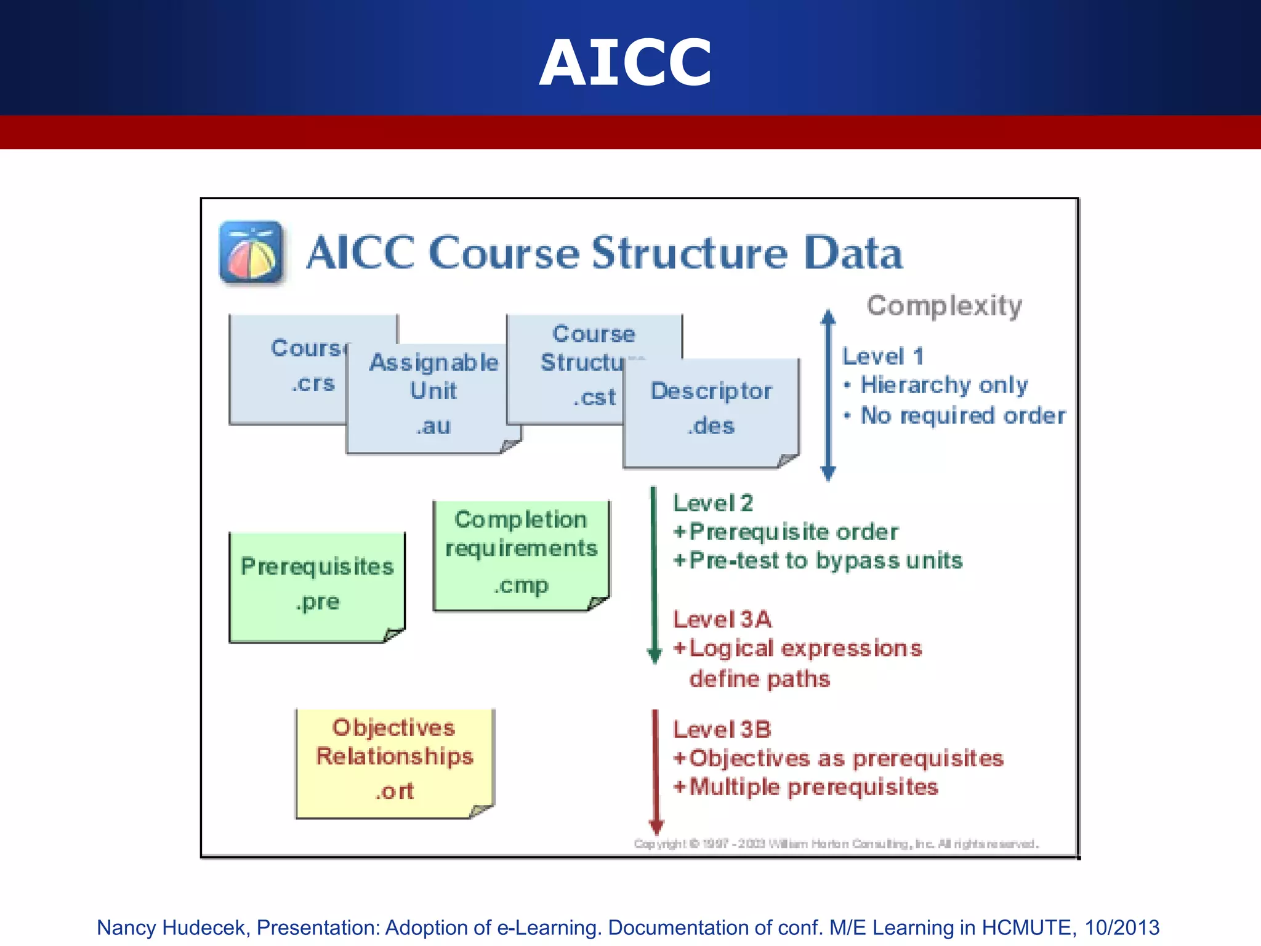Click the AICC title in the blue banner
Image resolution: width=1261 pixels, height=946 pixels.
point(626,62)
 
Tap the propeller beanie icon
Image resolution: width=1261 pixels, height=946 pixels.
point(251,253)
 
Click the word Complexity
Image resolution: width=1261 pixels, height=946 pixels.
point(944,305)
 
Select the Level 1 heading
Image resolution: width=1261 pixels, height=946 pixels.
point(882,356)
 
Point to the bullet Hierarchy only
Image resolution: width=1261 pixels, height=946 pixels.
point(943,385)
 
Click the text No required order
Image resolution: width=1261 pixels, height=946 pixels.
point(962,416)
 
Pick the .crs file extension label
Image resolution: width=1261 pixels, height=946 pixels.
point(313,383)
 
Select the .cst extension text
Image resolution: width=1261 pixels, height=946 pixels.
point(594,397)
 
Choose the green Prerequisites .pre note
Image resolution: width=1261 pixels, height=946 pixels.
point(317,585)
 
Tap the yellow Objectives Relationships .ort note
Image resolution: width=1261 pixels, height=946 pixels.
point(394,761)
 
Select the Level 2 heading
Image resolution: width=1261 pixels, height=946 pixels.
point(712,503)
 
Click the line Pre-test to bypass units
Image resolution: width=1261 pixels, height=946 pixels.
point(825,560)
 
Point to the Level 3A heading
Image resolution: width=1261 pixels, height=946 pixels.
point(722,619)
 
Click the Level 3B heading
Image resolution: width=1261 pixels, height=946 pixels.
point(722,730)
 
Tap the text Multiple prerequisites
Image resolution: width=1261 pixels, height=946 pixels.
point(813,787)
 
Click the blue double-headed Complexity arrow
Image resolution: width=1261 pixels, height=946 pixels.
point(828,394)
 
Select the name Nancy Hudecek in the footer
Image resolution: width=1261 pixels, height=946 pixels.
point(171,928)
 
